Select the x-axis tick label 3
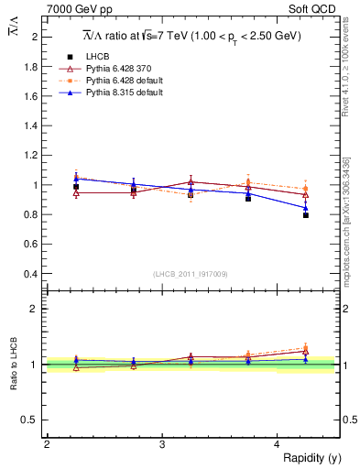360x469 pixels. click(x=162, y=444)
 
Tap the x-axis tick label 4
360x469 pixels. click(x=278, y=444)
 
